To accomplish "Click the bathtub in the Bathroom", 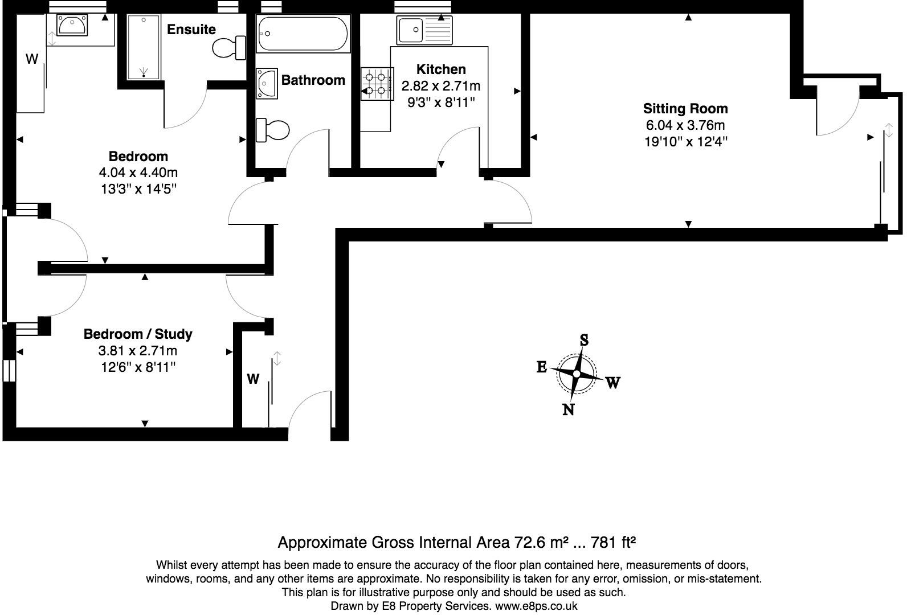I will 302,34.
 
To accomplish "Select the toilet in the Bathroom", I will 273,130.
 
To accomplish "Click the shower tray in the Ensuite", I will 144,47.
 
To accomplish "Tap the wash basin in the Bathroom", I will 266,83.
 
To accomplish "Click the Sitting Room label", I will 685,108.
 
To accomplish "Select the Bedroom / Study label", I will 138,334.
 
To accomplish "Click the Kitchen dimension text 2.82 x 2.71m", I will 441,86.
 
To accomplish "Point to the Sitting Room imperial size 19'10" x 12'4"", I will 685,142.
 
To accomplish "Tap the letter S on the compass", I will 584,341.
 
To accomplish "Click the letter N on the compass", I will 568,409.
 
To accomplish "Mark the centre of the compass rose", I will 577,374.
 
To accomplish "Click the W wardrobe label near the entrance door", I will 253,379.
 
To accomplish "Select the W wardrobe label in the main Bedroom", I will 32,59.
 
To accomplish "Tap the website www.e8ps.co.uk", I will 536,606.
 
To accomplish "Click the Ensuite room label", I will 191,29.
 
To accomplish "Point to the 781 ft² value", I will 614,542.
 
